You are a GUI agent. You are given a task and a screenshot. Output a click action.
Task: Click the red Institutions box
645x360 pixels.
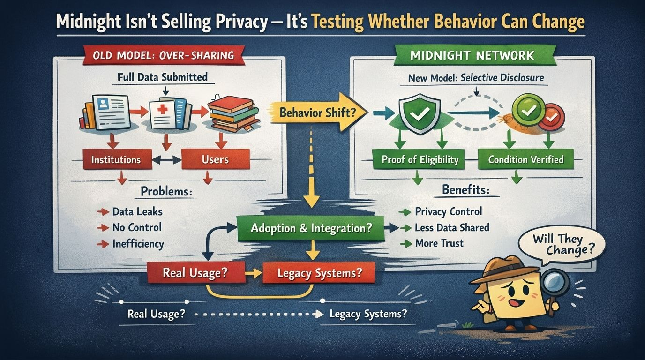coord(116,160)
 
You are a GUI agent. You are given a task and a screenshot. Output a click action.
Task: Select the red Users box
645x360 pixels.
coord(215,160)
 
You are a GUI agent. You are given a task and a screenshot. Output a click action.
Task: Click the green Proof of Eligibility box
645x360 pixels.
coord(420,160)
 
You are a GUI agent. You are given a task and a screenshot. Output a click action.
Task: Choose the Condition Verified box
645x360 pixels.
coord(525,160)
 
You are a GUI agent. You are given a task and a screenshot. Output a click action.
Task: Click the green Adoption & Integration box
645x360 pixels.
coord(311,228)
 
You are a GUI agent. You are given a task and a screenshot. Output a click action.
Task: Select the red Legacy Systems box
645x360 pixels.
coord(319,272)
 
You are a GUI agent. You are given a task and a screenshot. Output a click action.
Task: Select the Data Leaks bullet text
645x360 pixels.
coord(137,212)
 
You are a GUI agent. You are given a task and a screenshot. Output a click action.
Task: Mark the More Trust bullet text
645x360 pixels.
coord(439,243)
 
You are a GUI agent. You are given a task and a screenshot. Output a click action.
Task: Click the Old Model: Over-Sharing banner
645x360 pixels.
coord(164,56)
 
